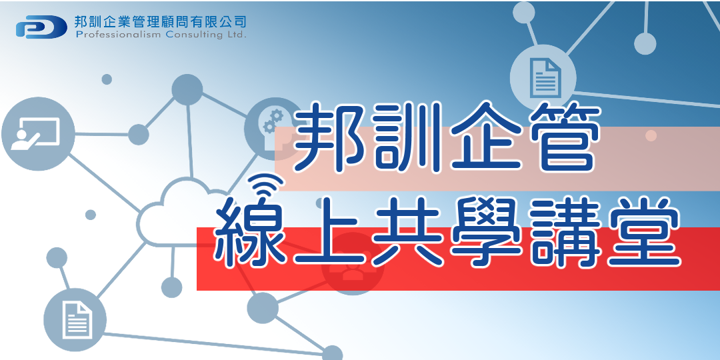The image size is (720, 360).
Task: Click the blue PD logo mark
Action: point(41,27)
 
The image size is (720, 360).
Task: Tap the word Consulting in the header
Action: point(192,35)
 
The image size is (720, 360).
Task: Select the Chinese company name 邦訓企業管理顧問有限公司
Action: point(161,21)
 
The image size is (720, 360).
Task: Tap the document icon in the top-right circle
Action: point(543,75)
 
